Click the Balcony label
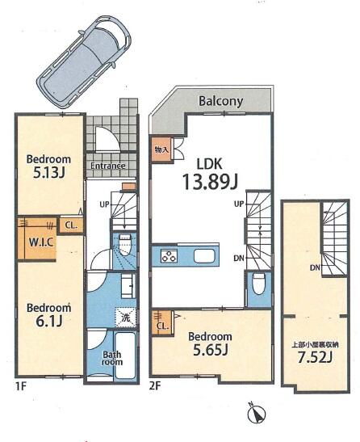220,101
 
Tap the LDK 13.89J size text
210,181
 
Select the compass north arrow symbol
257,414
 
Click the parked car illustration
84,61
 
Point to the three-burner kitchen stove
169,255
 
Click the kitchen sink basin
204,256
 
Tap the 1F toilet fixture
124,244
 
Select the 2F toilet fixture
258,284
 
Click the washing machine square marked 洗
126,317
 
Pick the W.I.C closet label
41,242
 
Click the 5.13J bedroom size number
49,173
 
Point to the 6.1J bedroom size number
48,321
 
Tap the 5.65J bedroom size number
210,350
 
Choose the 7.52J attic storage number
315,358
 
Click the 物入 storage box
161,149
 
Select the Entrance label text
108,166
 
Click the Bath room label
112,358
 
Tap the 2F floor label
155,386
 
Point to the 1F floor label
20,386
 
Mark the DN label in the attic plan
316,267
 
